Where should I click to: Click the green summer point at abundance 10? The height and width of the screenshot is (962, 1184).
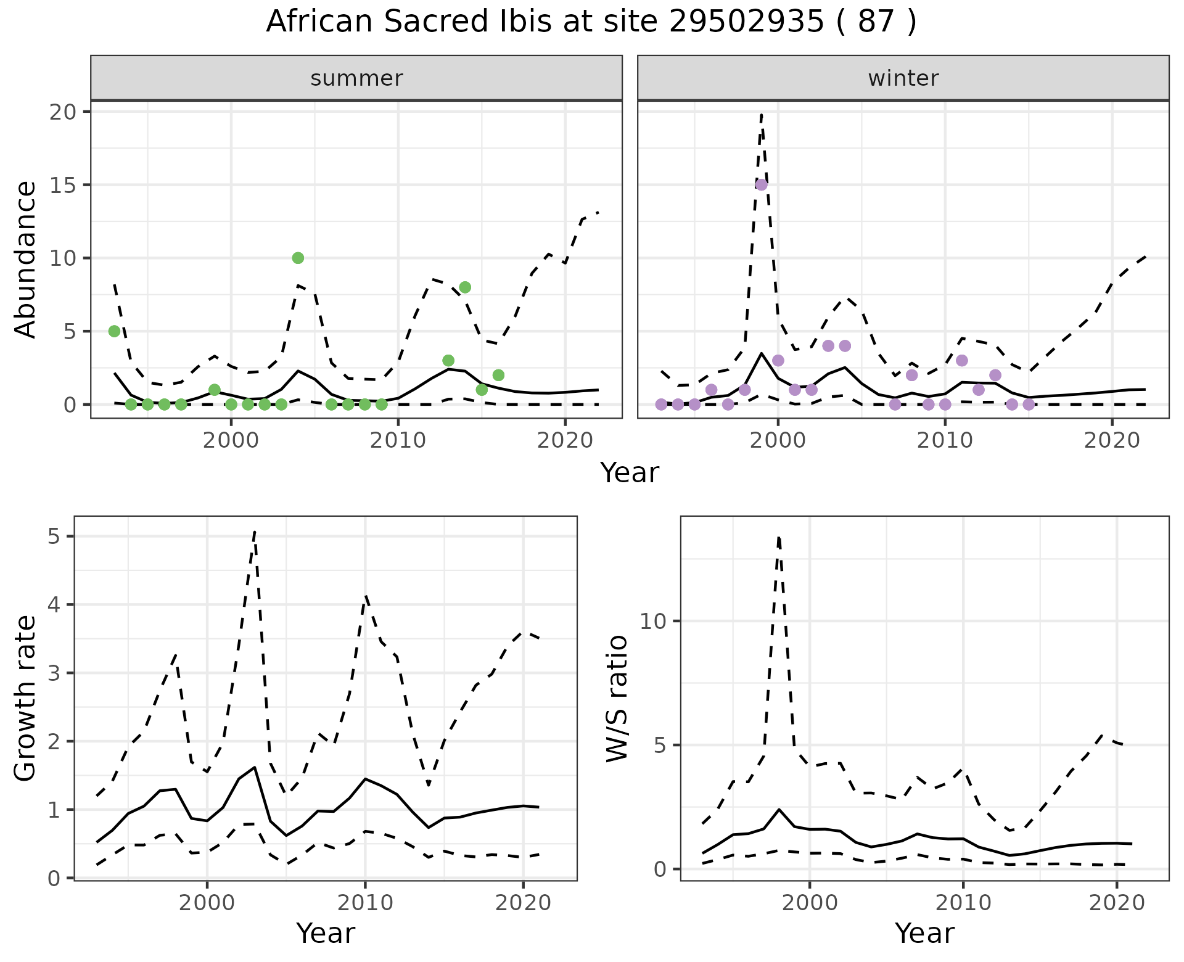tap(298, 258)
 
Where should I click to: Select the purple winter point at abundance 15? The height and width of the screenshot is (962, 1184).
tap(762, 185)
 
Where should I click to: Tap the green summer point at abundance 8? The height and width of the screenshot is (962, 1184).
tap(465, 287)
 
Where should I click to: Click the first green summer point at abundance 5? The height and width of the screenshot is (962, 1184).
tap(114, 331)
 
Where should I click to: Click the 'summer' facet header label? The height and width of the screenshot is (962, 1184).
tap(356, 78)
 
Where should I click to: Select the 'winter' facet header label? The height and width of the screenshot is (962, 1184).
tap(903, 78)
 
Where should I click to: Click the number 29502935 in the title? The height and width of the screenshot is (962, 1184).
tap(746, 22)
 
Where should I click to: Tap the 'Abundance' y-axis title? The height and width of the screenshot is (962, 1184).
tap(26, 259)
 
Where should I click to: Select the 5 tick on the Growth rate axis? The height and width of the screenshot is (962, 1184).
tap(57, 536)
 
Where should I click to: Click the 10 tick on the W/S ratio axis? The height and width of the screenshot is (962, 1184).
tap(654, 621)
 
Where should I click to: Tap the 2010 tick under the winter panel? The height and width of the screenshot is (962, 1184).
tap(945, 440)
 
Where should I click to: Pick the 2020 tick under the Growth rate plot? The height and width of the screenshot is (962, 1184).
tap(523, 903)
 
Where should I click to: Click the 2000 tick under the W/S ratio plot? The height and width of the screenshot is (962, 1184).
tap(810, 903)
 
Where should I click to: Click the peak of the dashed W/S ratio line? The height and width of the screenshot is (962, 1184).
tap(779, 538)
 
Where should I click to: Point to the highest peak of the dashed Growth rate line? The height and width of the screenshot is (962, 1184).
tap(255, 532)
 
